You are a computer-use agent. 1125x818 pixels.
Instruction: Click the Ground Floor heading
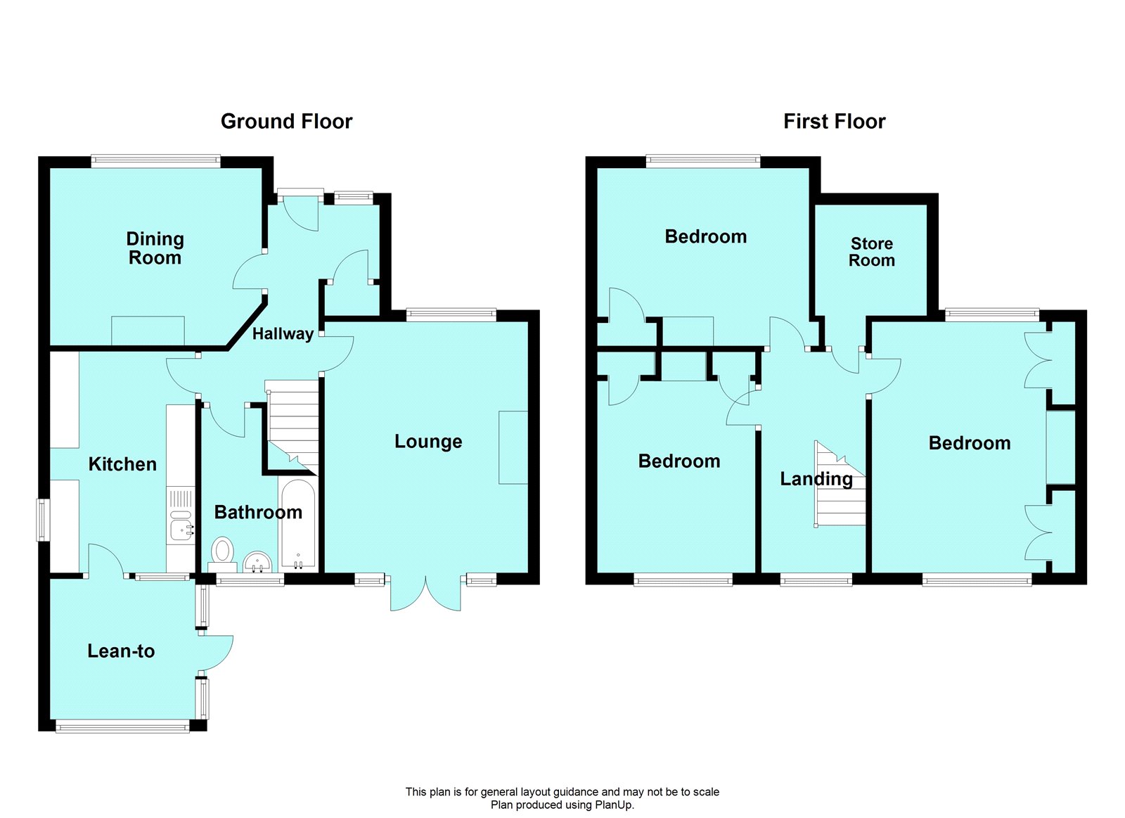[286, 122]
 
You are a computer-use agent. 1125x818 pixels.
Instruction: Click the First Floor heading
[834, 122]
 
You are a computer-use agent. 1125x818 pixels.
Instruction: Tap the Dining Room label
[155, 248]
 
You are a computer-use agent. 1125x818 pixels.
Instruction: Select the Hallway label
[283, 334]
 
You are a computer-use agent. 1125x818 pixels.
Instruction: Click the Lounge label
[428, 442]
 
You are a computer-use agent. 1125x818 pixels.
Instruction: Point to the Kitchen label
[122, 464]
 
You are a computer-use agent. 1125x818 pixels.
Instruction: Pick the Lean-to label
[121, 651]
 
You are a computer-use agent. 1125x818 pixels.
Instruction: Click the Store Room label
[872, 252]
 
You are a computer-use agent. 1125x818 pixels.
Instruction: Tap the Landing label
[816, 479]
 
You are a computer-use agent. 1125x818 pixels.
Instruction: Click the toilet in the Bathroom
[223, 551]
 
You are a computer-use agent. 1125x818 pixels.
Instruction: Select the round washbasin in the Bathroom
[258, 562]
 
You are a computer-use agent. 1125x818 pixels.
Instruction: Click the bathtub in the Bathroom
[298, 524]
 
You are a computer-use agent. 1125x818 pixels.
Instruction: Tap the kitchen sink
[181, 525]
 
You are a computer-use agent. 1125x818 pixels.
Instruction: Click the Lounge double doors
[426, 594]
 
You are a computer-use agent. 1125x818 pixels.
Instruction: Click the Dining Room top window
[155, 161]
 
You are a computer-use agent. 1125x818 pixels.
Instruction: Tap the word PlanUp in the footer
[613, 805]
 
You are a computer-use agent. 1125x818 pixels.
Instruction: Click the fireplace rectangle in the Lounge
[513, 447]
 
